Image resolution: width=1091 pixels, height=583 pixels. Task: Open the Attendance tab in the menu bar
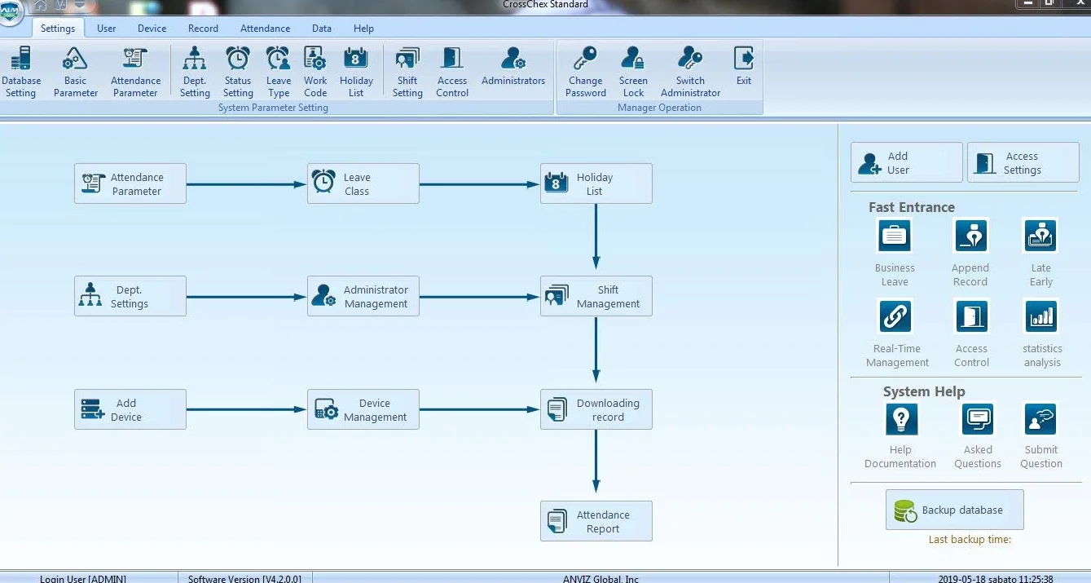(x=265, y=29)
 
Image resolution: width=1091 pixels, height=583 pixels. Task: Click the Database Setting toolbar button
(x=21, y=72)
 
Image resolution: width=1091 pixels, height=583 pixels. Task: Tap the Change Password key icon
(x=585, y=58)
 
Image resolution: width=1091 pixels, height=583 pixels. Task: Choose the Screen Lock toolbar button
(x=633, y=72)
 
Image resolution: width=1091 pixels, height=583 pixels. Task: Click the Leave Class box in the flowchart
(x=363, y=183)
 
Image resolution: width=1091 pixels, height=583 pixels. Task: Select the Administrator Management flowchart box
(x=363, y=296)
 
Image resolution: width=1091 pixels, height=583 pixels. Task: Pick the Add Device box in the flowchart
(x=130, y=409)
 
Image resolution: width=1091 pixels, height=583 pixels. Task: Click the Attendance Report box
(x=596, y=520)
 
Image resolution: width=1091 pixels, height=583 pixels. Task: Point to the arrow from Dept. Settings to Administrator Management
(x=246, y=296)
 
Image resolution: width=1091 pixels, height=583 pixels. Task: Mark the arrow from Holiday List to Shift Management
(x=596, y=236)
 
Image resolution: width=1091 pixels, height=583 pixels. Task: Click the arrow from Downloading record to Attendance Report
(x=596, y=462)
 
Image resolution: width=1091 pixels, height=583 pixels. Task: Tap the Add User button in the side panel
(x=906, y=162)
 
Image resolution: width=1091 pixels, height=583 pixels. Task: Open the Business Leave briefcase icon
(x=895, y=236)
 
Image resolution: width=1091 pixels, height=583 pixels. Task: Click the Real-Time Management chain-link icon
(x=895, y=316)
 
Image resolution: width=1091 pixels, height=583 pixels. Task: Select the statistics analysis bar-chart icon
(x=1040, y=316)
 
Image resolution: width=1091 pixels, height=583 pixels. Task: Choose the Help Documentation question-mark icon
(x=901, y=419)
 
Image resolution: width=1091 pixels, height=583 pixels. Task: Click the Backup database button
(x=955, y=510)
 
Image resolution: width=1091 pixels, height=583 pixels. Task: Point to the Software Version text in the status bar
(x=244, y=579)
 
